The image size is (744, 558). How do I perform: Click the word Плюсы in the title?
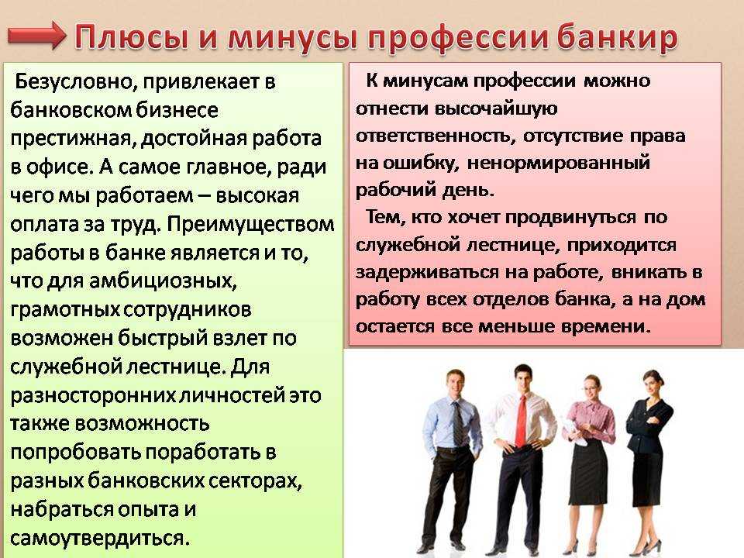coord(131,37)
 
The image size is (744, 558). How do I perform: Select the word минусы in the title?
coord(292,38)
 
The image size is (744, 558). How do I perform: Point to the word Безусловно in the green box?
coord(75,81)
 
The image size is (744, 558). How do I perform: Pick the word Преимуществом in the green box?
coord(250,224)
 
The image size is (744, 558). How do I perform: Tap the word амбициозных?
coord(163,281)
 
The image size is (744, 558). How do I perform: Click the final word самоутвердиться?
coord(100,538)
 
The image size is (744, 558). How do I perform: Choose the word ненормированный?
coord(559,164)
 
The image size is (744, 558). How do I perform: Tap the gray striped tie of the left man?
coord(457,422)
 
